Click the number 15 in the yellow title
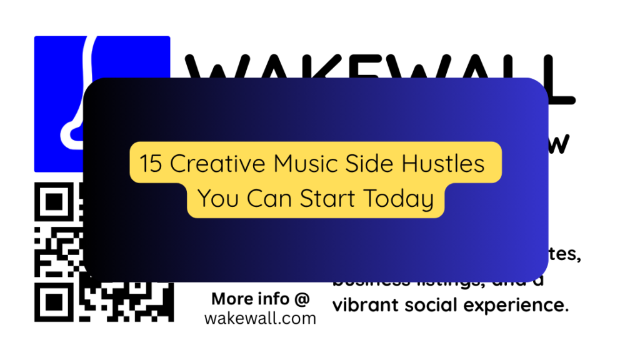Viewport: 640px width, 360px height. [151, 164]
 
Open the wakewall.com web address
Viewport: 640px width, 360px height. [260, 318]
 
